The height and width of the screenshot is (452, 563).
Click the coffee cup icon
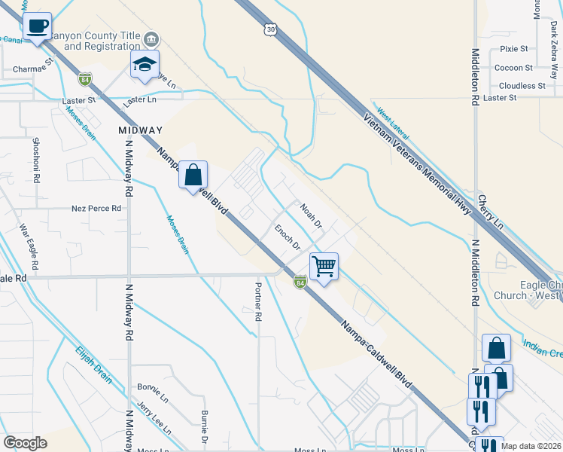click(x=37, y=27)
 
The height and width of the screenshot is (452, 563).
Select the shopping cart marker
click(x=324, y=266)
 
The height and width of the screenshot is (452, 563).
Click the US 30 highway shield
click(x=272, y=29)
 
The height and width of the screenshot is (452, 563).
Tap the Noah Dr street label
click(x=310, y=215)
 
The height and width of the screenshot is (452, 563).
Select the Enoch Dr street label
click(x=287, y=237)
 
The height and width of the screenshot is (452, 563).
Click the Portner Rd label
click(x=257, y=302)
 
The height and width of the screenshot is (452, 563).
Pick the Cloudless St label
click(x=521, y=86)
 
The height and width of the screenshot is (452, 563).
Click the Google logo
click(x=26, y=443)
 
